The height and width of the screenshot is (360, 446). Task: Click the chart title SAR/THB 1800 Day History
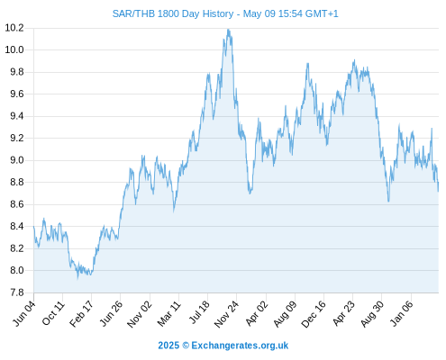(x=173, y=13)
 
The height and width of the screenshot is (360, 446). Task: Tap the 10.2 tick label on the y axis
(x=14, y=28)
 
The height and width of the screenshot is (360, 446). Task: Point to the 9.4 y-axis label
(x=17, y=116)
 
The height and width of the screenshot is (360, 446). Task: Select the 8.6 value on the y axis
(x=17, y=204)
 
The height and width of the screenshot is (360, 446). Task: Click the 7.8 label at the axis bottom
(x=17, y=292)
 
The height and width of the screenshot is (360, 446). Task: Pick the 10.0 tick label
(x=14, y=49)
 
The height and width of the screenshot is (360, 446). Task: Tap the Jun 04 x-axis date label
(x=24, y=313)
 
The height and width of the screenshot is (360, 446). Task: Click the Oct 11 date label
(x=53, y=313)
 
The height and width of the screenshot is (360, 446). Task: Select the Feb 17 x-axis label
(x=82, y=313)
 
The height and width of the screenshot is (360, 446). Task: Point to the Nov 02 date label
(x=140, y=314)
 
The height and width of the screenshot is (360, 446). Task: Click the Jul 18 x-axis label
(x=199, y=312)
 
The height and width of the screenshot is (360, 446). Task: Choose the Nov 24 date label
(x=226, y=314)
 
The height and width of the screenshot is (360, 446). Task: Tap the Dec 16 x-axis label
(x=314, y=314)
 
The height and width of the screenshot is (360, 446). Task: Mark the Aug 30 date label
(x=372, y=314)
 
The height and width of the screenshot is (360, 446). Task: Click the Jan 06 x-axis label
(x=402, y=314)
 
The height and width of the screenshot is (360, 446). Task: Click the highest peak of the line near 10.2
(x=228, y=30)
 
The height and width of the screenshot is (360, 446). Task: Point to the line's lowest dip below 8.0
(x=77, y=278)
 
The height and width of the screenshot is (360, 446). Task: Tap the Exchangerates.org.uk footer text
(x=240, y=346)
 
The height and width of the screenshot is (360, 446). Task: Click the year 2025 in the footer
(x=168, y=346)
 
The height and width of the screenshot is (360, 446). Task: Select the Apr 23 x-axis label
(x=343, y=313)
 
